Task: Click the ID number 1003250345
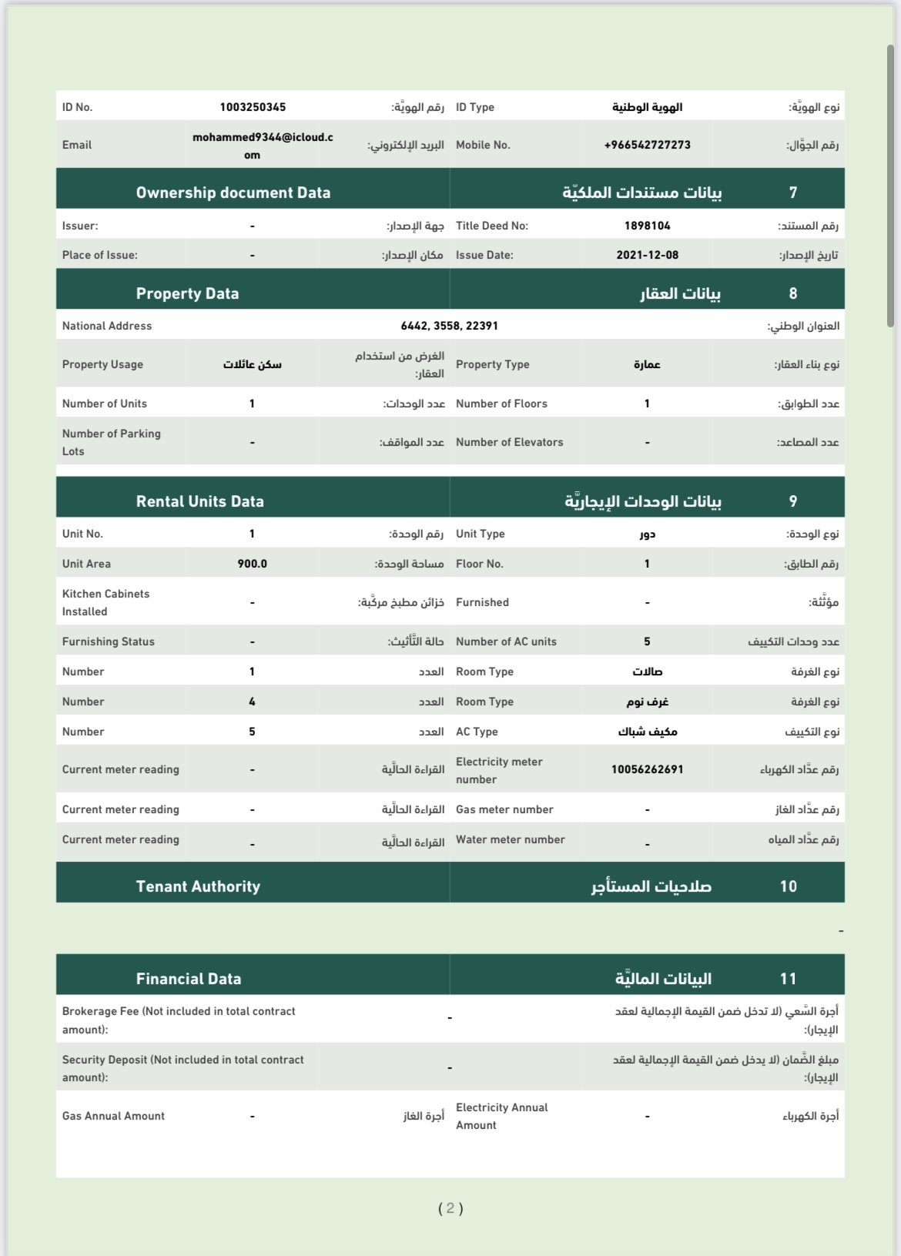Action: coord(253,107)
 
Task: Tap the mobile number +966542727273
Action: coord(647,145)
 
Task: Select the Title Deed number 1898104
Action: coord(647,226)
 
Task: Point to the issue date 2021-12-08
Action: coord(647,255)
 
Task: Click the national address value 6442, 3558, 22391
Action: coord(449,326)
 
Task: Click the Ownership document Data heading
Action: coord(233,193)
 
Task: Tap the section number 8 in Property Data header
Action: coord(793,293)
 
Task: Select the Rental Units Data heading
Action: coord(200,501)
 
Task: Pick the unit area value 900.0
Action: coord(252,564)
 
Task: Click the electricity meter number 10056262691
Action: coord(647,769)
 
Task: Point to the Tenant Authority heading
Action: coord(198,886)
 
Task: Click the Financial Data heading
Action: coord(189,979)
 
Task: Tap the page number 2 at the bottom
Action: coord(450,1208)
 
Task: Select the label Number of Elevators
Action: coord(509,442)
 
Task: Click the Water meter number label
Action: coord(510,839)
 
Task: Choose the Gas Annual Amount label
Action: coord(113,1116)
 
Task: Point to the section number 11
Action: coord(788,979)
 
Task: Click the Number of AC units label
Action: coord(506,641)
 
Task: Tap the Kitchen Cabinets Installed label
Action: coord(106,602)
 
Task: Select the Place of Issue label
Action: coord(99,255)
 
